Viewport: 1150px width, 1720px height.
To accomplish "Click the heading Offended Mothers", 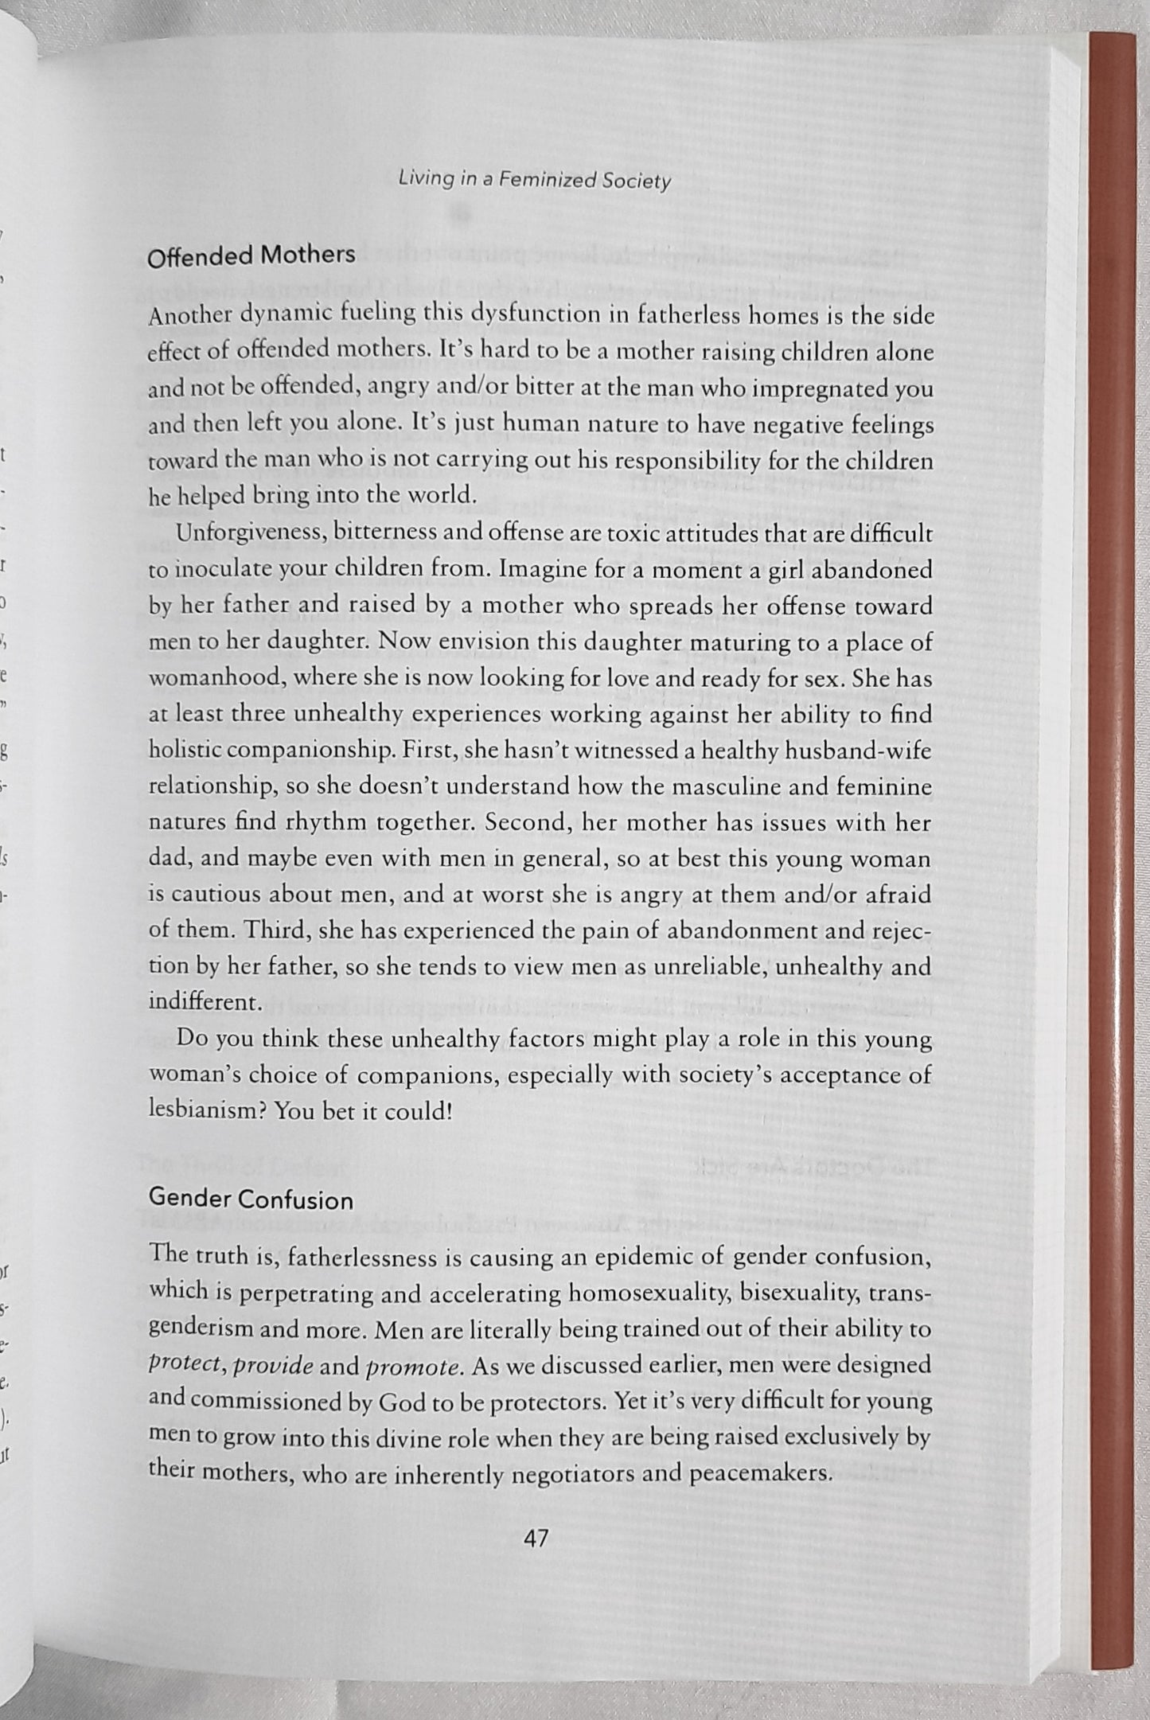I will click(251, 256).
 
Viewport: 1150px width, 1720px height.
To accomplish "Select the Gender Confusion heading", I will click(251, 1199).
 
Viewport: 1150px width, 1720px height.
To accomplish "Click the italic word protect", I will click(179, 1367).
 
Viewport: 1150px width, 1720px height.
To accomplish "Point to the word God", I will click(403, 1402).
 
